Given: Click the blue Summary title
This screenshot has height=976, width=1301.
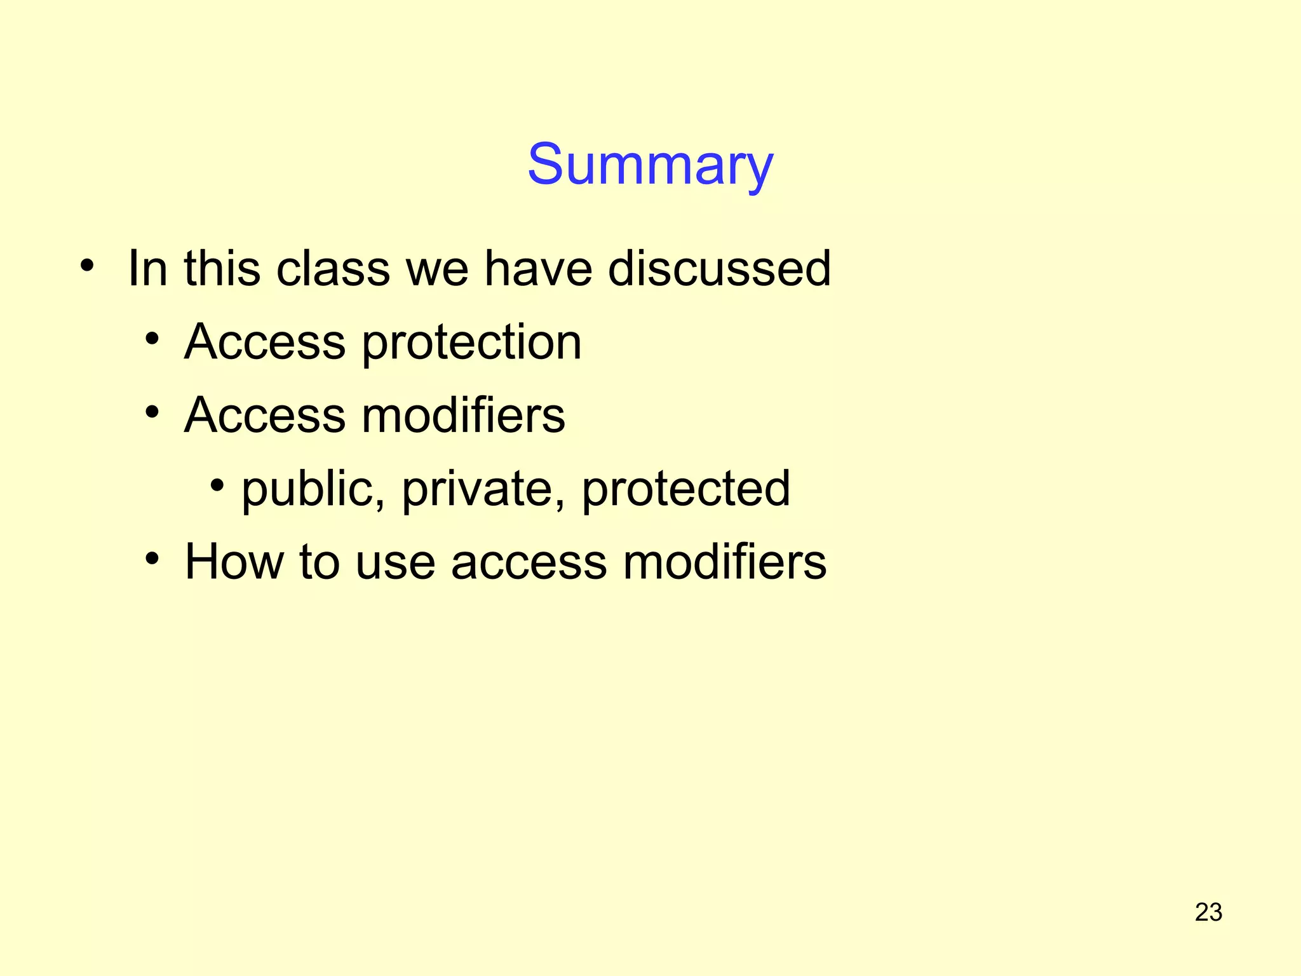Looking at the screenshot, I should pyautogui.click(x=650, y=165).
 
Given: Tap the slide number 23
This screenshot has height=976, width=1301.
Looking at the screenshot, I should pyautogui.click(x=1208, y=912).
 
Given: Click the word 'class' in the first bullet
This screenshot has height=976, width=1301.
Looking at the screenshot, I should pyautogui.click(x=333, y=268).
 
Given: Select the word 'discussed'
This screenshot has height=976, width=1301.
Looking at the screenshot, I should pyautogui.click(x=719, y=268).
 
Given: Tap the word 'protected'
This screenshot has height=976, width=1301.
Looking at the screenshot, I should pyautogui.click(x=686, y=489).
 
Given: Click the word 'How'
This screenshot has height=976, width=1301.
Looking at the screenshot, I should pyautogui.click(x=233, y=562).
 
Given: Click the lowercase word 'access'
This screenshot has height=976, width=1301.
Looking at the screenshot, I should pyautogui.click(x=529, y=563).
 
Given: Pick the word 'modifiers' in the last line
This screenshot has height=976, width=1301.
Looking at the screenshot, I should pyautogui.click(x=724, y=562).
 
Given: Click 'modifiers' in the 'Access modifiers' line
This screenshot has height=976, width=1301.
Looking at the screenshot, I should pyautogui.click(x=463, y=416).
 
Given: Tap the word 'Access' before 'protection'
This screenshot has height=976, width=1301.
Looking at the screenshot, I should pyautogui.click(x=265, y=342).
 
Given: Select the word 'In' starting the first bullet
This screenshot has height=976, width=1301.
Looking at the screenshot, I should pyautogui.click(x=147, y=268).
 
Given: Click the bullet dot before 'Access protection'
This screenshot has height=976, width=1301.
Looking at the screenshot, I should pyautogui.click(x=152, y=339).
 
